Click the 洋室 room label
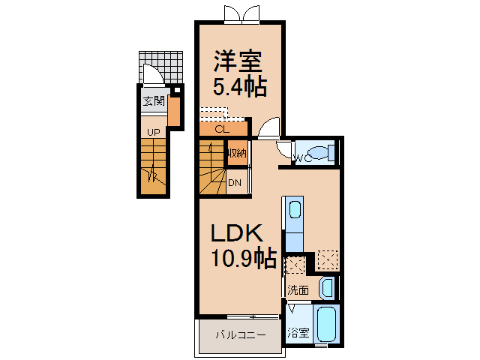coord(238,61)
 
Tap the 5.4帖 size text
coord(240,87)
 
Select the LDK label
coord(237,233)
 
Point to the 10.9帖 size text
coord(244,259)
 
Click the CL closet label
coord(222,129)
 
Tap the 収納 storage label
coord(237,153)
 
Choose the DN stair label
coord(235,183)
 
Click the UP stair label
coord(153,133)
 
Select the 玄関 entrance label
coord(154,100)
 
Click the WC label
coord(303,158)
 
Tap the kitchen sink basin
coord(295,209)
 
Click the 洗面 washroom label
coord(298,290)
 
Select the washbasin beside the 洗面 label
coord(327,288)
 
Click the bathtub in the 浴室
coord(327,325)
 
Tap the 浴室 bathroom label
coord(298,332)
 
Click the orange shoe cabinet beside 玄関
coord(174,111)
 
